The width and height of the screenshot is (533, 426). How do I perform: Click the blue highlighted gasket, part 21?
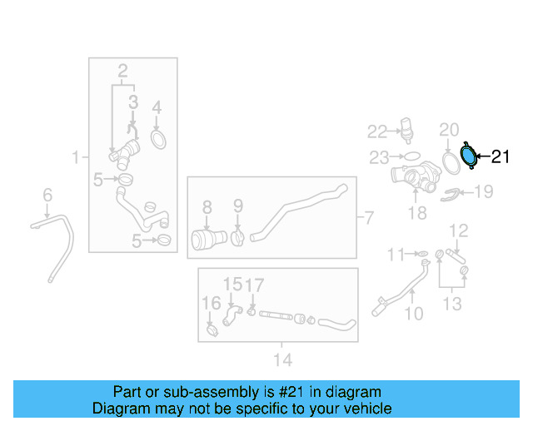point(470,154)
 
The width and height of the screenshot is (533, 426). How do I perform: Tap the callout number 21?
point(500,156)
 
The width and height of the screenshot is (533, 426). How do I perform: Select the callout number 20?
point(449,129)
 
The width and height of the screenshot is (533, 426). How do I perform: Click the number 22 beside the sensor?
point(378,131)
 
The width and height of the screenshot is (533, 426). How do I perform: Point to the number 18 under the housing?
point(416,213)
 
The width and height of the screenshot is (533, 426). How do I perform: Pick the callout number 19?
point(483,192)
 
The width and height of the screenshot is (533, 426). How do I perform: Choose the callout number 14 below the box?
point(282,359)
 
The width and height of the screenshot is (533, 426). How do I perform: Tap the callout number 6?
point(47,195)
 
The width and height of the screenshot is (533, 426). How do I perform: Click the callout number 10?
point(413,314)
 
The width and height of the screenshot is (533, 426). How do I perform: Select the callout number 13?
point(451,304)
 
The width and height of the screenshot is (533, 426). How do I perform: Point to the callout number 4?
point(156,106)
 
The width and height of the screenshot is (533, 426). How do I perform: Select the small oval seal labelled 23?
point(411,156)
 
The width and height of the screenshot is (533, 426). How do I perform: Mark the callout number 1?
point(76,156)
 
